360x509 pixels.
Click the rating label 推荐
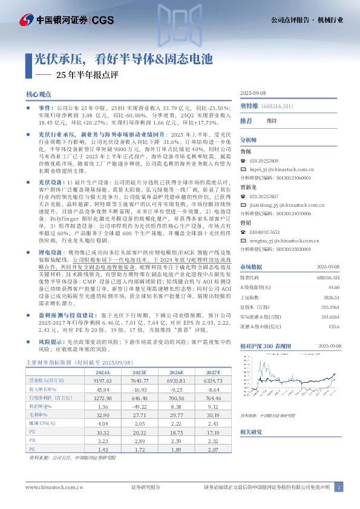tap(246, 121)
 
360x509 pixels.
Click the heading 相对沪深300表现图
tap(267, 345)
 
